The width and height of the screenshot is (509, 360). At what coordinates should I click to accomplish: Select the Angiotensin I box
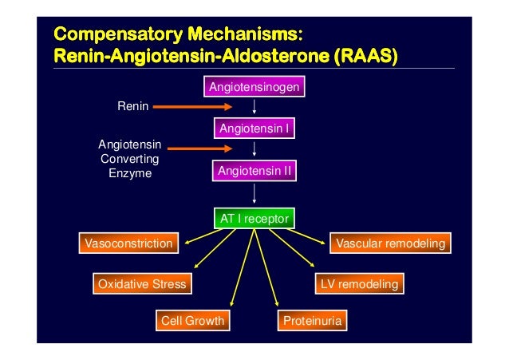click(x=254, y=128)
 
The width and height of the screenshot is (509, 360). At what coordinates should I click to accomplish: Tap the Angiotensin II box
click(x=254, y=171)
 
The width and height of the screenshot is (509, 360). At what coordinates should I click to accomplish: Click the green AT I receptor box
click(x=254, y=218)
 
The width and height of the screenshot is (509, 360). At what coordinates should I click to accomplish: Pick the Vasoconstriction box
click(x=128, y=243)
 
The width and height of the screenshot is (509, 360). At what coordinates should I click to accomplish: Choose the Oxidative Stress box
click(x=141, y=283)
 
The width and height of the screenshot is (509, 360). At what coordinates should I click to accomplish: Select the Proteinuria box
click(x=312, y=321)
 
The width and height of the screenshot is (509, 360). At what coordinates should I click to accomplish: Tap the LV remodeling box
click(x=358, y=283)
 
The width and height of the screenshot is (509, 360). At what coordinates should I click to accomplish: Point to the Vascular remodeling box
click(x=390, y=243)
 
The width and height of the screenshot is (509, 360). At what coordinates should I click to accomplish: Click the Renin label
click(x=133, y=105)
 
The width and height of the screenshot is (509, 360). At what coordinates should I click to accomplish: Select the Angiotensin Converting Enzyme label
click(x=130, y=159)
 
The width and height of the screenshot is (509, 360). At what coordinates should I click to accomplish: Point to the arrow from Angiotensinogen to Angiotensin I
click(x=254, y=107)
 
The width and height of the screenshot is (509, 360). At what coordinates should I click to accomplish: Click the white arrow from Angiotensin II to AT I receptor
click(x=254, y=194)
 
